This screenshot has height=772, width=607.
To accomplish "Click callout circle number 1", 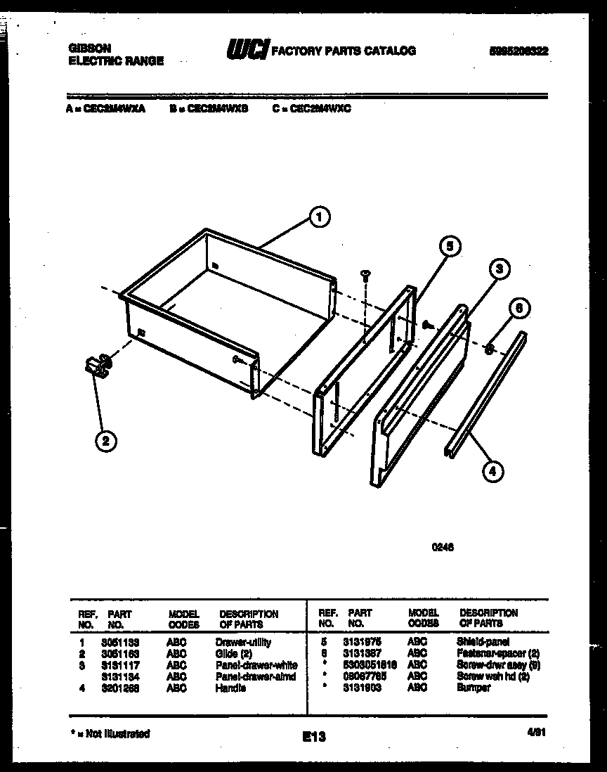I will click(x=319, y=218).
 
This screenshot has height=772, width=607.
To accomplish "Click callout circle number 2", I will click(x=105, y=441).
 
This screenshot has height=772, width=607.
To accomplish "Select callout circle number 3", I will click(x=497, y=269).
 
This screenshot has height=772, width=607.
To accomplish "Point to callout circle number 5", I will click(x=450, y=246).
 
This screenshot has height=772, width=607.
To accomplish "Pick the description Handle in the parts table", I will click(x=230, y=688).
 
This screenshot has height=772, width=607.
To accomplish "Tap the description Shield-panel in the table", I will click(x=483, y=642).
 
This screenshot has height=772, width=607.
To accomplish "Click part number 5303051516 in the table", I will click(x=370, y=665).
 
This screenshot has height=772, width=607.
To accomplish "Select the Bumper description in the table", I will click(x=473, y=688).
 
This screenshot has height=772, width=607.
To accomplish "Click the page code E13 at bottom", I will click(x=314, y=736).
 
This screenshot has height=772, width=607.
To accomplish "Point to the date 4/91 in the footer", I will click(x=537, y=732).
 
